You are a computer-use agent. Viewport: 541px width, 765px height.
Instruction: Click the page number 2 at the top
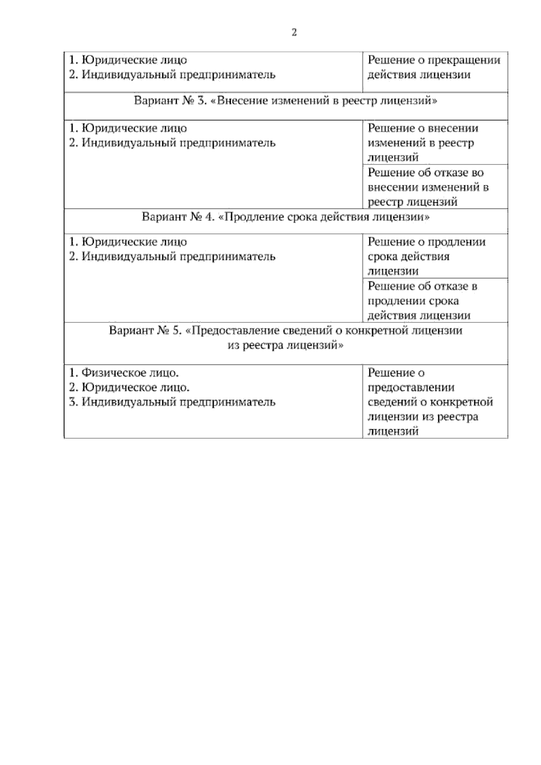[x=294, y=32]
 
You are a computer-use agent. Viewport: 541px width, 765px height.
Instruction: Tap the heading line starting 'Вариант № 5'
[x=285, y=330]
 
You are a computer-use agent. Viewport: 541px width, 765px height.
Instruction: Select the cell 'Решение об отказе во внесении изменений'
[x=428, y=187]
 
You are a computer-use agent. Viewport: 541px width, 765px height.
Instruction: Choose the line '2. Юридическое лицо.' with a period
[x=129, y=387]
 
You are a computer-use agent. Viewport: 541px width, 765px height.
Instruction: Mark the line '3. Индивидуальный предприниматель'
[x=172, y=402]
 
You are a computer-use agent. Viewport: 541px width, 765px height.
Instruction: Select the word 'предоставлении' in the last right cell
[x=411, y=387]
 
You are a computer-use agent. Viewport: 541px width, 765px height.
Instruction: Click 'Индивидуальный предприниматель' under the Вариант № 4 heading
[x=178, y=257]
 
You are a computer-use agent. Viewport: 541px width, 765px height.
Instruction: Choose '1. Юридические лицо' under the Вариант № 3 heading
[x=128, y=128]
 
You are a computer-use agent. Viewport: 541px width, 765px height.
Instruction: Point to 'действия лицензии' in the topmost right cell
[x=419, y=74]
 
